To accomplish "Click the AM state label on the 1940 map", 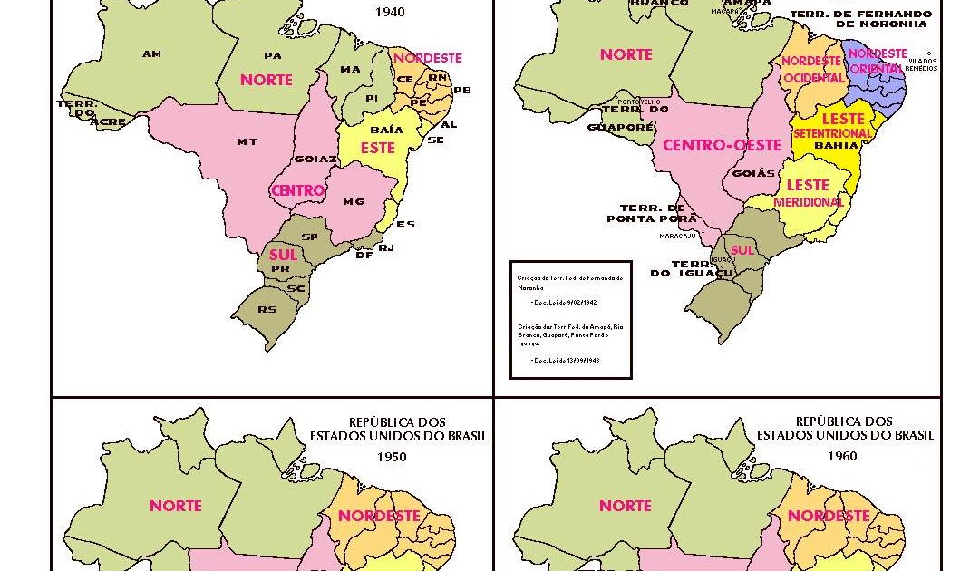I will (151, 54).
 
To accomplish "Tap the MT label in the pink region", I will (247, 141).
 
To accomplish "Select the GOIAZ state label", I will (315, 160).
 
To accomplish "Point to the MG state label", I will (354, 201).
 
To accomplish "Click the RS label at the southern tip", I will (267, 309).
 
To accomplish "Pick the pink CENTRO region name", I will (298, 190).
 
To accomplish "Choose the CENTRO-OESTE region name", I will (722, 145).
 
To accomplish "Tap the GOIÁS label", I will (753, 173).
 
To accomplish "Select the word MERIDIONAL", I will (809, 202).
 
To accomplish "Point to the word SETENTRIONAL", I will (832, 133).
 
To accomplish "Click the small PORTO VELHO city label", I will (638, 102).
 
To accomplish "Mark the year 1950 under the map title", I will (392, 457).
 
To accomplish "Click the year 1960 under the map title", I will (841, 456).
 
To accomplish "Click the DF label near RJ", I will (364, 256).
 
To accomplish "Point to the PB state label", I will (462, 90).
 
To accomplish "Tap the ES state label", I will (405, 224).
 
